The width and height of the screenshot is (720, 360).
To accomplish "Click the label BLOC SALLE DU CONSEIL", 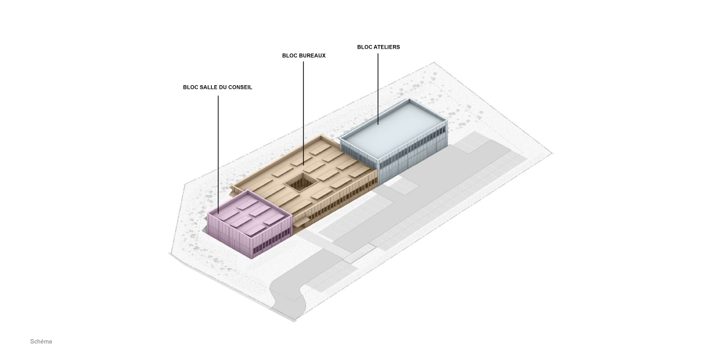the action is [218, 87].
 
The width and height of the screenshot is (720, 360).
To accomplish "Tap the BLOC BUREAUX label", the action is [304, 56].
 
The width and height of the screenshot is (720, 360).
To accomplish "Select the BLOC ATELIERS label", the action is [379, 47].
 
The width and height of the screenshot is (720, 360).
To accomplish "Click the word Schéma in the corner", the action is [41, 341].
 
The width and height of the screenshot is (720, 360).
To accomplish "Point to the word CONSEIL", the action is [240, 87].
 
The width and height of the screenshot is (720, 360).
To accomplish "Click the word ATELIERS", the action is [386, 47].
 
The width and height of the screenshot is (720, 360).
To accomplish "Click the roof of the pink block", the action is [250, 215].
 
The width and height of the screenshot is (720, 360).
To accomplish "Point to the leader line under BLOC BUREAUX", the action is [304, 113].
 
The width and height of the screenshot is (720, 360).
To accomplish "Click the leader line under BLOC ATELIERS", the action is [378, 89].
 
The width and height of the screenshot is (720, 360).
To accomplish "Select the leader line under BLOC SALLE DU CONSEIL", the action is [218, 155].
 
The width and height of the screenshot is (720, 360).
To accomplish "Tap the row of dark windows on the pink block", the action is [271, 244].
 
